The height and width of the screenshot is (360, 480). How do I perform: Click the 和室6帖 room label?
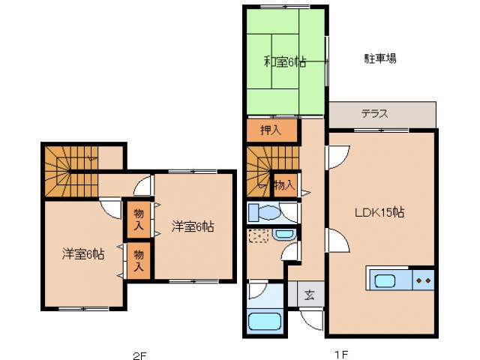click(x=284, y=61)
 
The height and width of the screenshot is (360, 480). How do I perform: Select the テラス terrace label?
click(x=374, y=114)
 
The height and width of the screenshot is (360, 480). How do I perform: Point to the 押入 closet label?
click(x=270, y=130)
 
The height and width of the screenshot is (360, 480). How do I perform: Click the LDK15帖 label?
click(x=379, y=212)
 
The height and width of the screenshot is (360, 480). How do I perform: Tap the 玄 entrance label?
click(x=309, y=294)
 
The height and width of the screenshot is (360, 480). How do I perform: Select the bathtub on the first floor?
click(x=263, y=322)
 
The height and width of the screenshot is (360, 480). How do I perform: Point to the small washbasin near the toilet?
click(x=283, y=235)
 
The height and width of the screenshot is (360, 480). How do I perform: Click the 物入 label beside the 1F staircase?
click(x=283, y=184)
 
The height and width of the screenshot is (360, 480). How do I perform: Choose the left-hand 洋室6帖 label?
click(x=82, y=254)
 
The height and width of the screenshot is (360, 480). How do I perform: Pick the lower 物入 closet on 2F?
click(x=139, y=260)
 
